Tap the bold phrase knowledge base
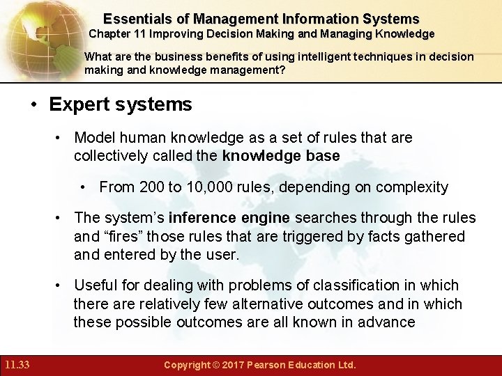[281, 156]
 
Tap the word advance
[390, 322]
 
